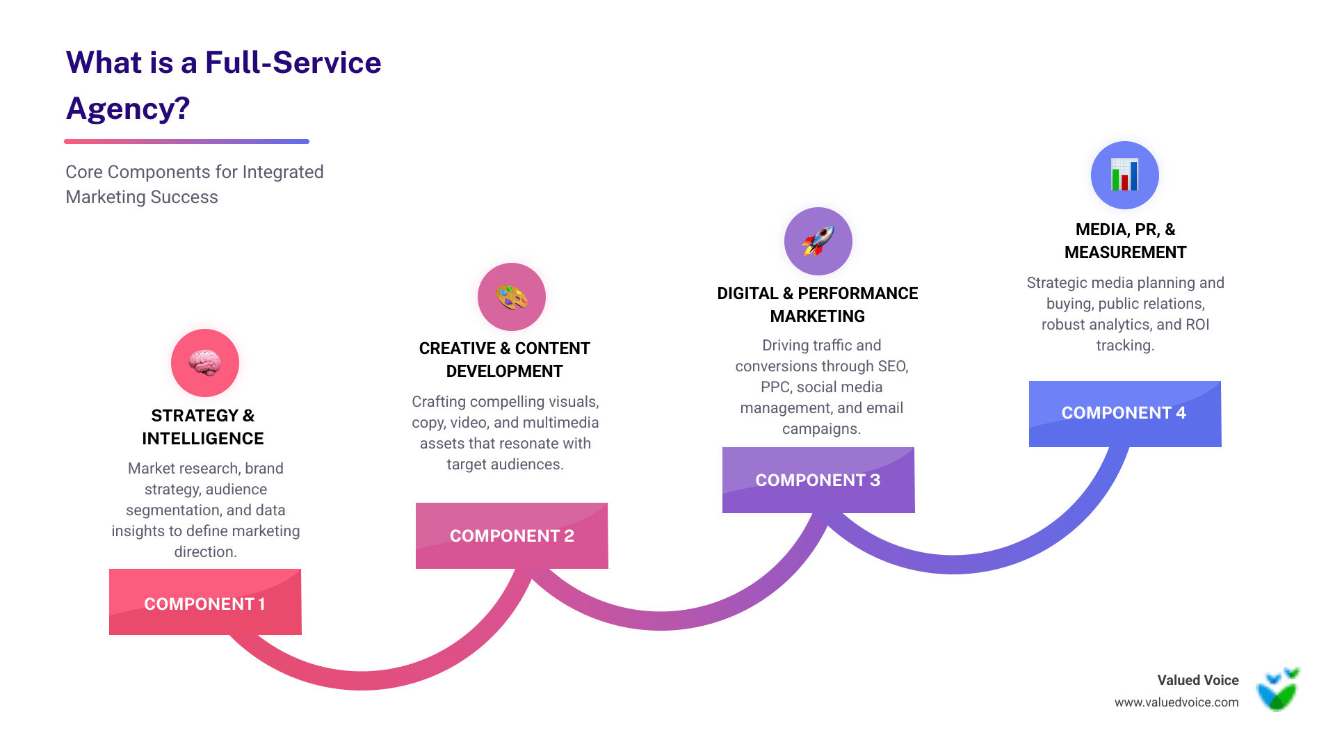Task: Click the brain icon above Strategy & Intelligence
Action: pos(205,363)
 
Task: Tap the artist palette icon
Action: pos(511,297)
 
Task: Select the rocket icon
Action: pos(818,241)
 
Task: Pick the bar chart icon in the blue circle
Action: pos(1124,175)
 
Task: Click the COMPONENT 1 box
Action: pos(205,602)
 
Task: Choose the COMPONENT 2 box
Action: pos(512,535)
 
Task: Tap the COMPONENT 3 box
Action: pos(818,480)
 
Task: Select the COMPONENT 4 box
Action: pos(1124,413)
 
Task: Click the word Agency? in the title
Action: pos(128,108)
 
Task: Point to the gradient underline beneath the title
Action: pos(186,141)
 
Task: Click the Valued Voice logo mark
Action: pos(1278,690)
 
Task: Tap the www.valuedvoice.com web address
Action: pos(1176,702)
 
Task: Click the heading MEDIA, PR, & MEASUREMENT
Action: pos(1125,241)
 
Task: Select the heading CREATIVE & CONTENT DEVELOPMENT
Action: pos(504,360)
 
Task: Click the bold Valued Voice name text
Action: pos(1197,680)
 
